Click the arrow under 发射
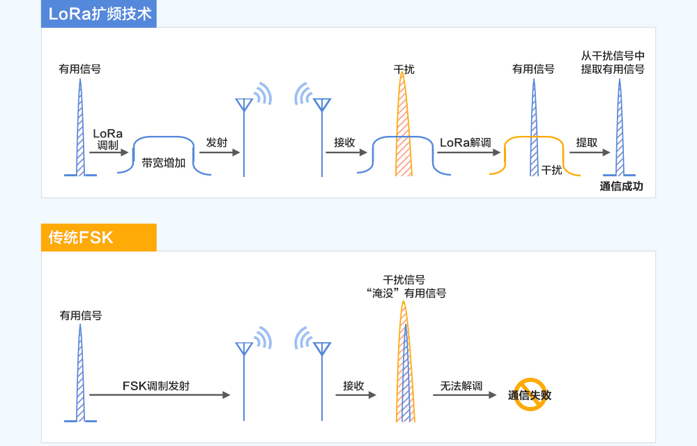(x=221, y=153)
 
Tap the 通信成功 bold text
(x=621, y=186)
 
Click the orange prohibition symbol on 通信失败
(x=530, y=394)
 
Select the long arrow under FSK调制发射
(x=160, y=395)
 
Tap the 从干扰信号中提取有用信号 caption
(x=613, y=62)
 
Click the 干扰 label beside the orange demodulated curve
(x=551, y=169)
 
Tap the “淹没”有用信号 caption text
(x=405, y=293)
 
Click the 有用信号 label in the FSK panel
(x=81, y=315)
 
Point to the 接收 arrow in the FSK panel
(x=354, y=395)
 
